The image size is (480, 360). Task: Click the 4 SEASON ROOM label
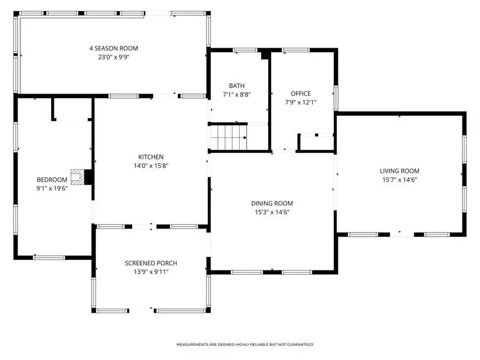(x=113, y=48)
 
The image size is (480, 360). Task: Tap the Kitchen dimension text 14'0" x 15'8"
(x=151, y=166)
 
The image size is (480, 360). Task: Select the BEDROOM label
(x=52, y=180)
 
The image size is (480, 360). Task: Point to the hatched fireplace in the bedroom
(x=77, y=177)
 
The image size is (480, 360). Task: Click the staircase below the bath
(x=229, y=137)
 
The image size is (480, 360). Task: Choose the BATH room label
(x=237, y=85)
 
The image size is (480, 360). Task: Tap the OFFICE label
(x=301, y=94)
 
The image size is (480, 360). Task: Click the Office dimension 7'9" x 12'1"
(x=301, y=102)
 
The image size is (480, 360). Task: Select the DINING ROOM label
(x=272, y=204)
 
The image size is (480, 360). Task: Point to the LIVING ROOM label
(x=400, y=171)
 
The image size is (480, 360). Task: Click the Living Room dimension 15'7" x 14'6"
(x=400, y=180)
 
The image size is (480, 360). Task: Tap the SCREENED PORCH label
(x=151, y=263)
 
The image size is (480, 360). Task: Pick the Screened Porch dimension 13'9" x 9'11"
(x=151, y=272)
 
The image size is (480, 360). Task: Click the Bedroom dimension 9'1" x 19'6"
(x=52, y=188)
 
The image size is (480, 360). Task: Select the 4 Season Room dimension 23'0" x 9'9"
(x=113, y=57)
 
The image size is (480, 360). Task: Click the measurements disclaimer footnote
(x=244, y=344)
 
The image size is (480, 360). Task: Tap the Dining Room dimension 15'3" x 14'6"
(x=272, y=212)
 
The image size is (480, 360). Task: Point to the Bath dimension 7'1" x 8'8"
(x=237, y=95)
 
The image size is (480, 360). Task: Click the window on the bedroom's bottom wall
(x=49, y=258)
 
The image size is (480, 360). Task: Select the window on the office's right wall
(x=336, y=98)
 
